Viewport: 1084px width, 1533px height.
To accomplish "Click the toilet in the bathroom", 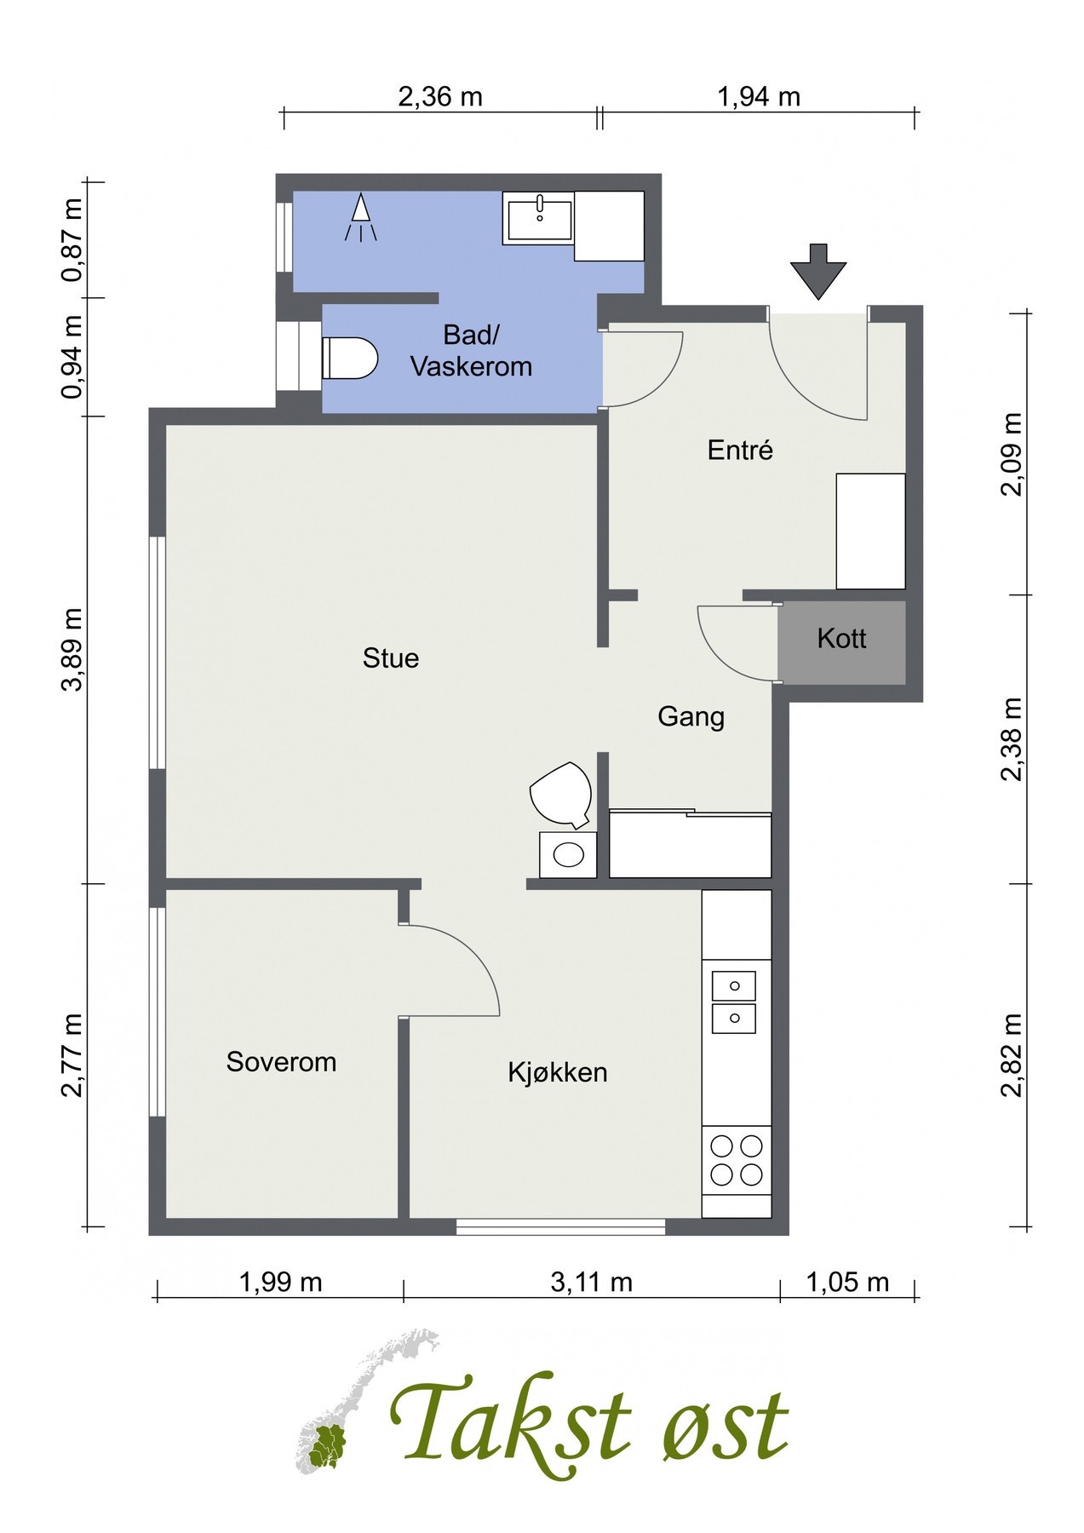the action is [x=350, y=358].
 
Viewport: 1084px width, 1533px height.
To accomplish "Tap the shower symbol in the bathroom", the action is [x=361, y=217].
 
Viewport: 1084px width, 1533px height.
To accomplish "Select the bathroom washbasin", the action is [x=538, y=217].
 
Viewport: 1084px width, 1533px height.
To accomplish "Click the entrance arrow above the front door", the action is [x=818, y=271].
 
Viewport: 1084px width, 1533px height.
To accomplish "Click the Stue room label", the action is [x=391, y=658].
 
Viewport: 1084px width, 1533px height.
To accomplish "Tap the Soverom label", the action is [x=281, y=1062].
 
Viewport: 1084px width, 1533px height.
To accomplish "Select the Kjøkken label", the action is [x=558, y=1071].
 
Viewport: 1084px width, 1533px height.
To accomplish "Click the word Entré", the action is [x=740, y=450].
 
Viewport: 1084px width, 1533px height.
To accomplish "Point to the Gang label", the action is [x=691, y=717].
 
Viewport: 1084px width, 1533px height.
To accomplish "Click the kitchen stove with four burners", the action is [x=737, y=1161].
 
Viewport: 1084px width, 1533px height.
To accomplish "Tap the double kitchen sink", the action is [x=734, y=1002].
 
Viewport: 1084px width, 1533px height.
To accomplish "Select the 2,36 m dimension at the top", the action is [x=440, y=97].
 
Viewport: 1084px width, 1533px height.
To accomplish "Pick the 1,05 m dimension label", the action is [x=846, y=1282].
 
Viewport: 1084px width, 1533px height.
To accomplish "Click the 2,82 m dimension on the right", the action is [x=1012, y=1056].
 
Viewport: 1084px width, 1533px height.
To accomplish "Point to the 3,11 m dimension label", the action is [x=592, y=1282].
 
